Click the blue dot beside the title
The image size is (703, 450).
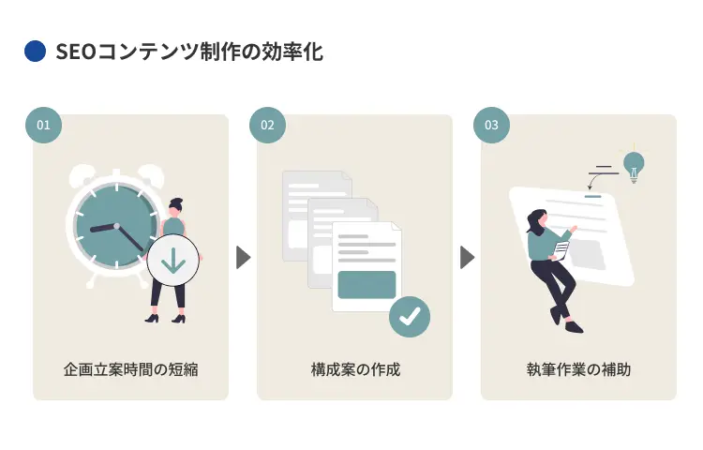tap(35, 52)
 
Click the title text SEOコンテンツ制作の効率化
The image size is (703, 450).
tap(188, 52)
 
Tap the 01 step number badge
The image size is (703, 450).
tap(43, 125)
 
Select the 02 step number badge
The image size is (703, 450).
tap(267, 125)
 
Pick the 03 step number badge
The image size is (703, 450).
tap(491, 125)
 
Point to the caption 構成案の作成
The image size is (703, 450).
tap(354, 369)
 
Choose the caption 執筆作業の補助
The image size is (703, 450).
tap(578, 369)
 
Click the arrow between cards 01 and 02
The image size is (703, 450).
tap(243, 257)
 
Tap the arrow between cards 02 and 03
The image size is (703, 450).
tap(467, 257)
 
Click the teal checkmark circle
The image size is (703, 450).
tap(410, 316)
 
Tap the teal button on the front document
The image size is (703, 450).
tap(366, 284)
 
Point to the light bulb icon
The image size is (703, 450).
tap(635, 165)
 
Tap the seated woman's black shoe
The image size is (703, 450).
tap(574, 327)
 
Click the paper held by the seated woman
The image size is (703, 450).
tap(561, 250)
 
